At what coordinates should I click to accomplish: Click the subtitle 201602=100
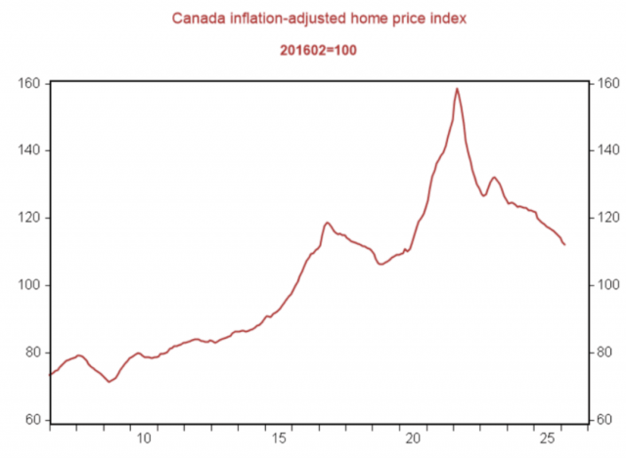click(x=312, y=49)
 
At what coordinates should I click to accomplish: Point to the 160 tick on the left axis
click(x=30, y=84)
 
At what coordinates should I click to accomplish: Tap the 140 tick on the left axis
click(x=30, y=150)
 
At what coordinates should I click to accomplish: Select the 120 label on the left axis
click(x=30, y=218)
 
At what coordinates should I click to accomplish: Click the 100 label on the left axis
click(x=30, y=285)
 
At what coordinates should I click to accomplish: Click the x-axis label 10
click(x=144, y=437)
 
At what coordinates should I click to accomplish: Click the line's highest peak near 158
click(x=457, y=89)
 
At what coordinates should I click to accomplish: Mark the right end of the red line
click(x=564, y=244)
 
